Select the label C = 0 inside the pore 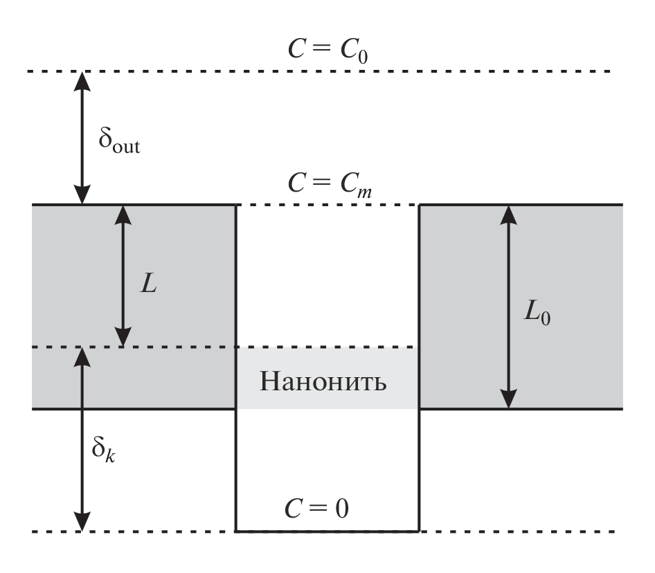(x=327, y=509)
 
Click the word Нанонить (x=323, y=381)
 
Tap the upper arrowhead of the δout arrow (x=82, y=80)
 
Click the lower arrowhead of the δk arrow (x=82, y=524)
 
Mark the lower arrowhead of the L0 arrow (x=509, y=401)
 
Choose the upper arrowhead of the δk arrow (x=82, y=356)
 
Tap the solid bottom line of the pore (x=328, y=531)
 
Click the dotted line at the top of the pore (x=328, y=205)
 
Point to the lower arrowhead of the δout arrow (x=82, y=197)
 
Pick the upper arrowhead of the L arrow (x=123, y=213)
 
